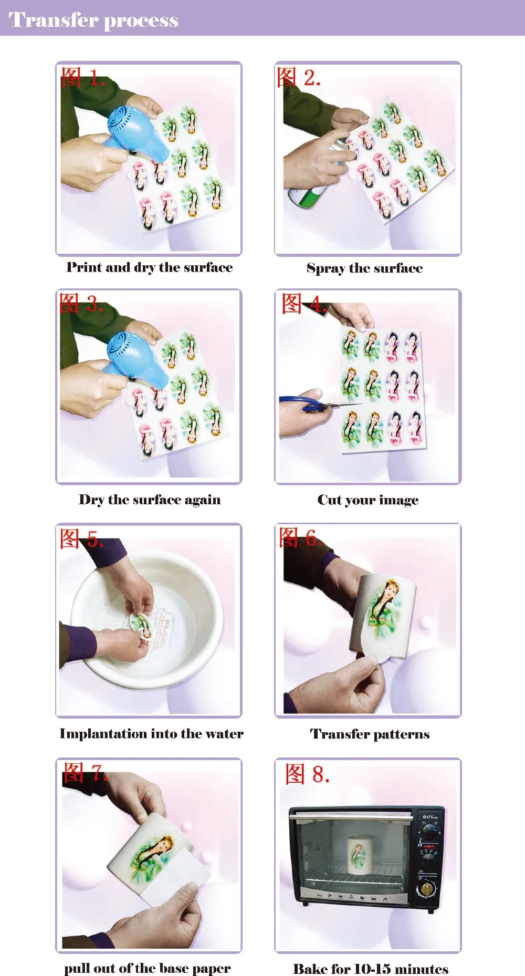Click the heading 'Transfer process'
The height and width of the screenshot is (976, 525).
coord(93,20)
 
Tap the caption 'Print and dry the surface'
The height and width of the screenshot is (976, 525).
coord(150,268)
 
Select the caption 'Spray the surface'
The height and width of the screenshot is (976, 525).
coord(365,268)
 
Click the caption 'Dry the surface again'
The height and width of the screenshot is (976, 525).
coord(150,500)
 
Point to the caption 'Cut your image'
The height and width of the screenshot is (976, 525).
coord(368,500)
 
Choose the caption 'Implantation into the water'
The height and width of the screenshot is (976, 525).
coord(151,733)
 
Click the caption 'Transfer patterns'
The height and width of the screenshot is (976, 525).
coord(370,734)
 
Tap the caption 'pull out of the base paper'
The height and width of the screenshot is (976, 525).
coord(148,968)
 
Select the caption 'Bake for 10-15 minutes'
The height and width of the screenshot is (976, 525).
coord(371,969)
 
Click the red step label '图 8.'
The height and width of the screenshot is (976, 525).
coord(308,774)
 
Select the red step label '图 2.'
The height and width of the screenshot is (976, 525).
coord(299,77)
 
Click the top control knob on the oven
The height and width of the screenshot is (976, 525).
coord(430,832)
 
